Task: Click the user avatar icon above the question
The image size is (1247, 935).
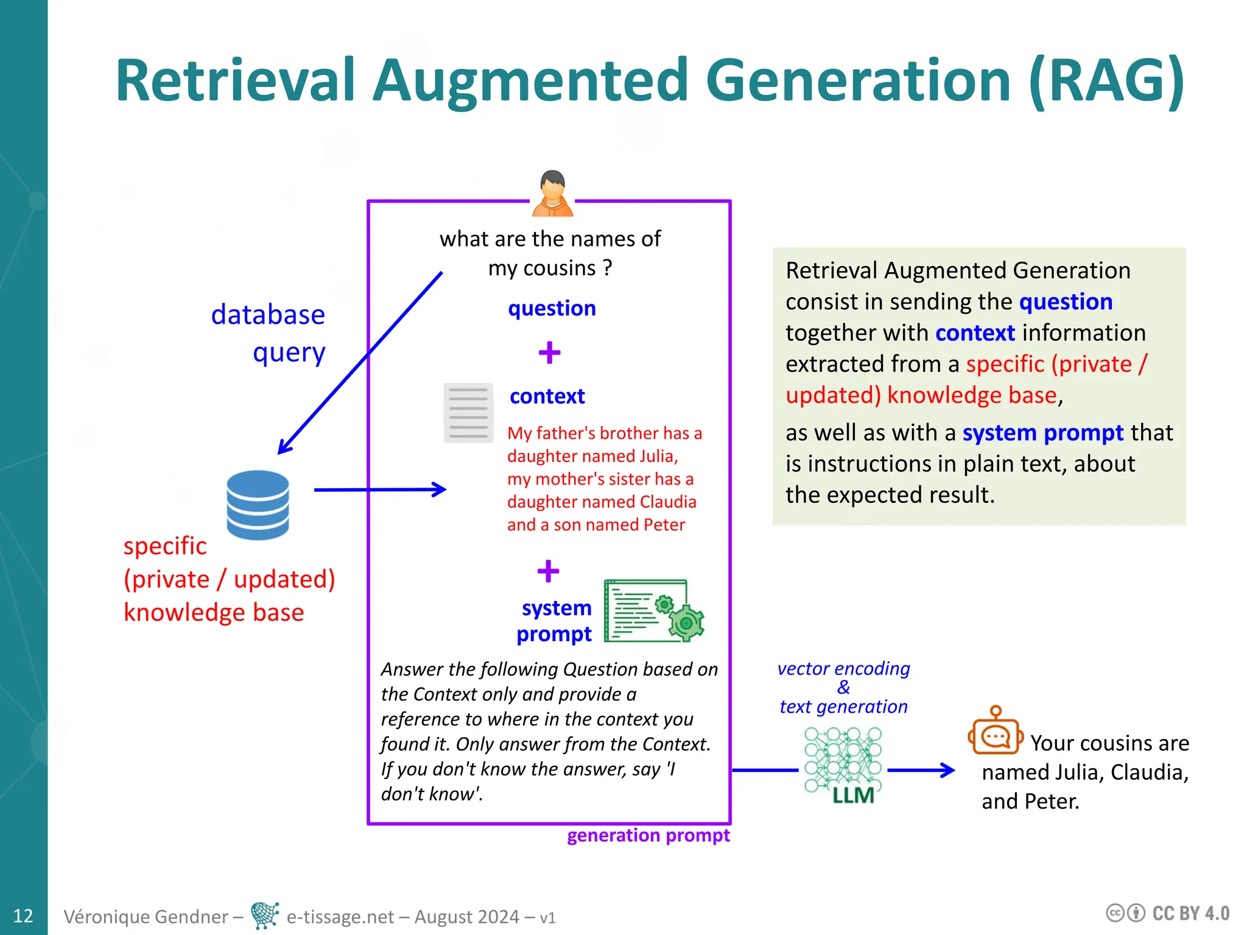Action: (552, 194)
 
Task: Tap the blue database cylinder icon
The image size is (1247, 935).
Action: (258, 505)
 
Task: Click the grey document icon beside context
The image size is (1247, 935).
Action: (468, 413)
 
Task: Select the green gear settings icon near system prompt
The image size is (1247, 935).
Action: (655, 611)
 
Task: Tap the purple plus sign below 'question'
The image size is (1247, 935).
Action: (549, 352)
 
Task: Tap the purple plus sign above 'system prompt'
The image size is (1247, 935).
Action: (548, 571)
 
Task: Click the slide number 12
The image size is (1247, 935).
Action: (23, 916)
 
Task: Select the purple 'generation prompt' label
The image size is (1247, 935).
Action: (648, 835)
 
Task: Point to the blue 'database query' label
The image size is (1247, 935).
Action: (268, 333)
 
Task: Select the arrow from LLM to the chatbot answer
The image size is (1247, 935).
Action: (922, 770)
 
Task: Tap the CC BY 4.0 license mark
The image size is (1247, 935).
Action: (1167, 913)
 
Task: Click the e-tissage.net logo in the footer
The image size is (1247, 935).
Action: (265, 915)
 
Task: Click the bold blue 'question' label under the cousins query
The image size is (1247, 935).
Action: (552, 308)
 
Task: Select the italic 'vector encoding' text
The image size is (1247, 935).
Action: (843, 668)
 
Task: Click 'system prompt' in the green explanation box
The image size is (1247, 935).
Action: (1042, 433)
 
